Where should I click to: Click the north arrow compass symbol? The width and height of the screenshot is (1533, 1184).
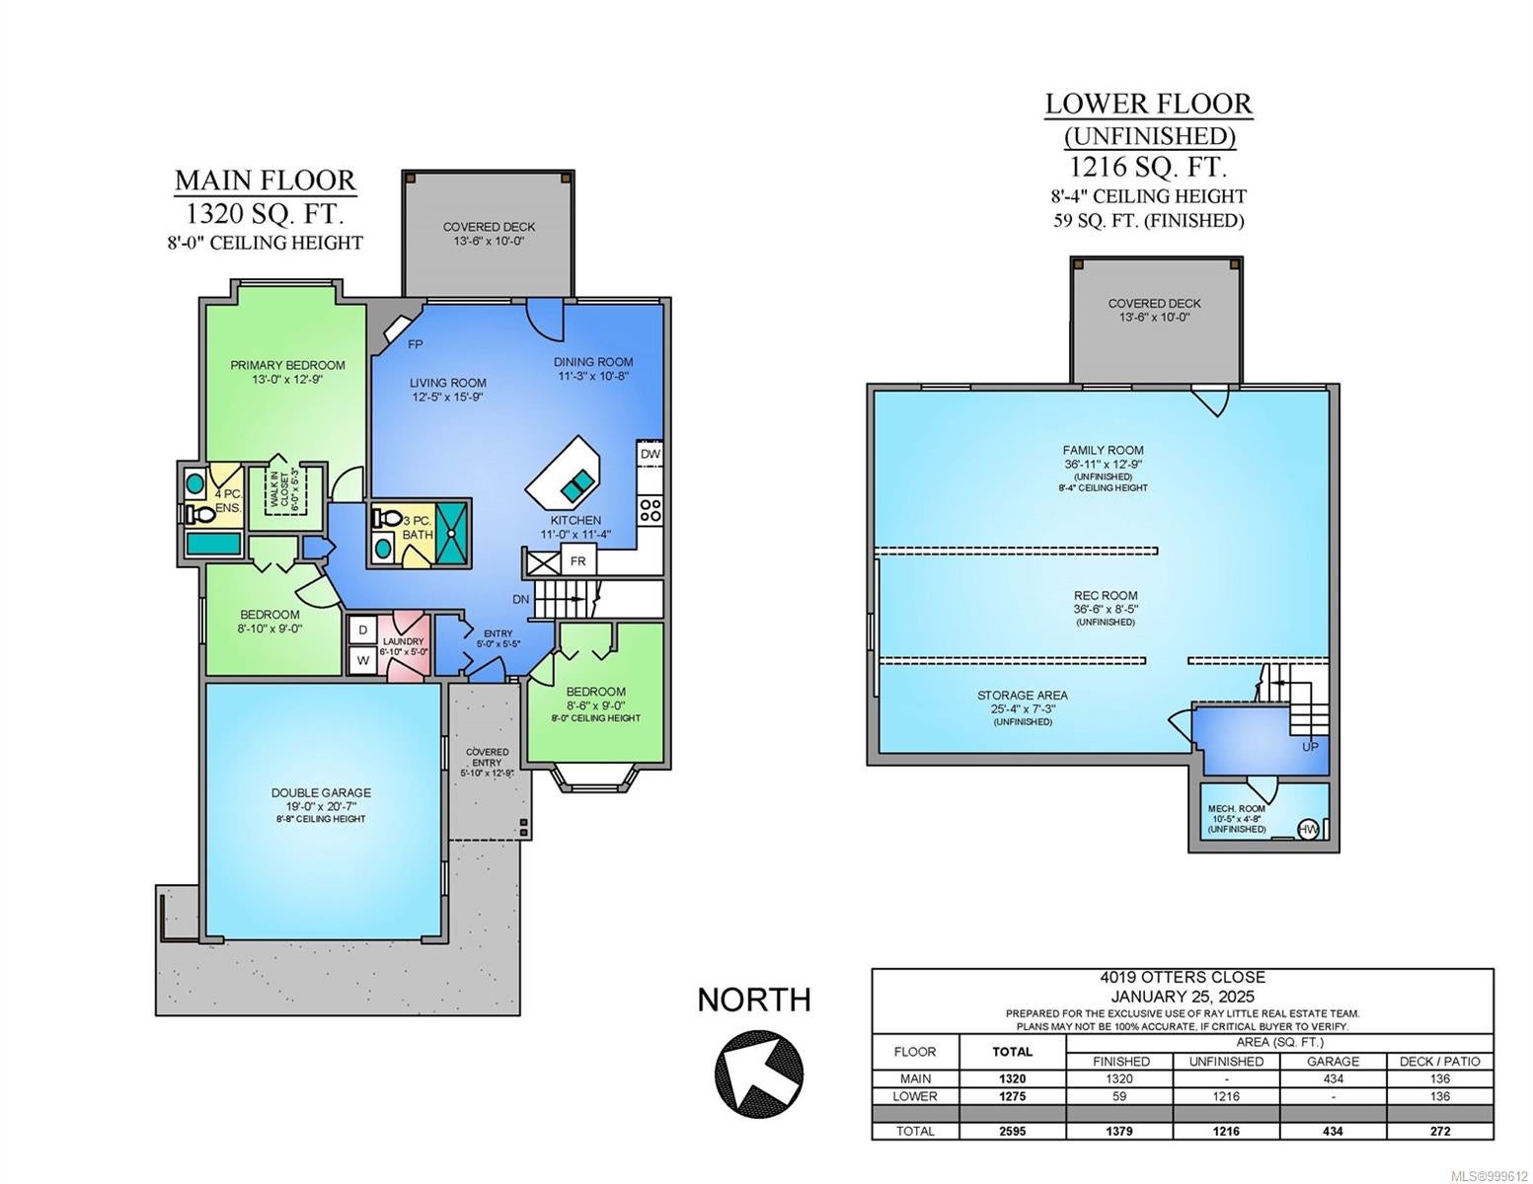(758, 1073)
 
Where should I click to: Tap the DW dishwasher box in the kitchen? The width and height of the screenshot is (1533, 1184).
(650, 454)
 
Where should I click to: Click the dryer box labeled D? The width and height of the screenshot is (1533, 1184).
(362, 629)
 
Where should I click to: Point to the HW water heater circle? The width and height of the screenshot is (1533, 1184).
(1307, 830)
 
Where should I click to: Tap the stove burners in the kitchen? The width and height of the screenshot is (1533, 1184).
(650, 510)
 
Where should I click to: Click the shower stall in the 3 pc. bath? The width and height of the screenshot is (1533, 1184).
(451, 533)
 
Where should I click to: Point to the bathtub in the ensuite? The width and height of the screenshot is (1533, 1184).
(212, 545)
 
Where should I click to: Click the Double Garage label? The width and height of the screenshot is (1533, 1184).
(321, 792)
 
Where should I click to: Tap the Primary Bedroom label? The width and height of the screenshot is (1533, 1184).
(288, 365)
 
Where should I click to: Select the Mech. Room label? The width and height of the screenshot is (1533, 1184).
(1237, 809)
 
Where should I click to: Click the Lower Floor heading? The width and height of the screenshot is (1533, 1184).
(1148, 104)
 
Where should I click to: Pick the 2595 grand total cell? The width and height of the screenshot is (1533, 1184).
(1013, 1131)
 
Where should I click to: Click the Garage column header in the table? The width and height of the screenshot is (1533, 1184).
(1333, 1062)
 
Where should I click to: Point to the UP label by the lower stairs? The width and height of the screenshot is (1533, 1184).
(1309, 746)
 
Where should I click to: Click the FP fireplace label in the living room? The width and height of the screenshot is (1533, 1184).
(415, 344)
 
